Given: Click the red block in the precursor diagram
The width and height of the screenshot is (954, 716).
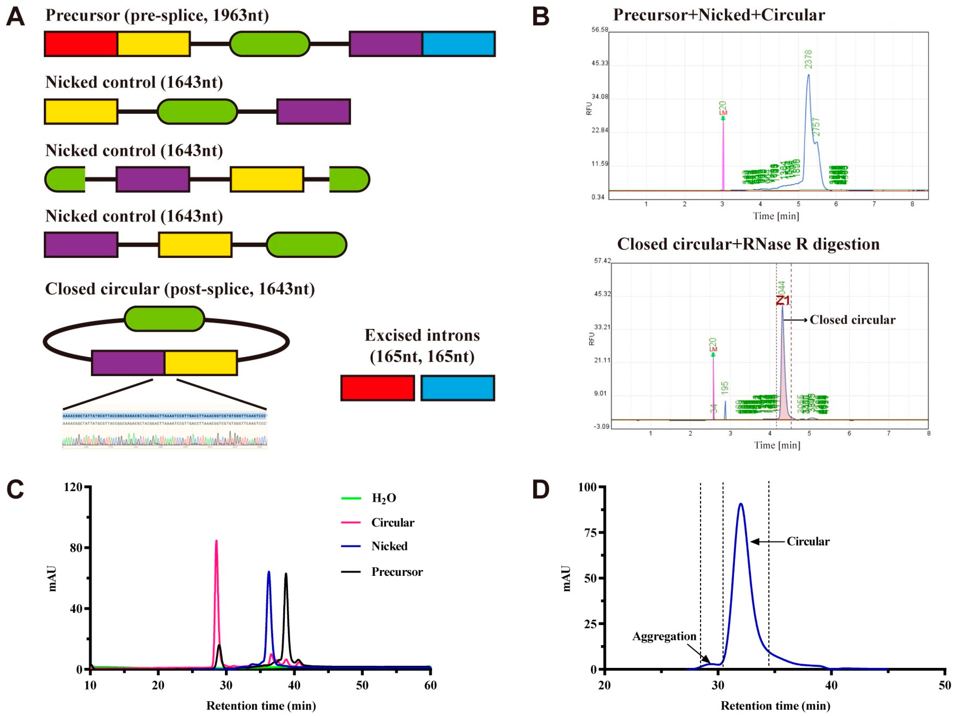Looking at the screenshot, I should pyautogui.click(x=81, y=43).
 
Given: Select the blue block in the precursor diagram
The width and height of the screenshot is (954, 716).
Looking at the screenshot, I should pyautogui.click(x=458, y=43).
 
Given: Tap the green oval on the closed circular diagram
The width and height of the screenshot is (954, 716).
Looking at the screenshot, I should pyautogui.click(x=164, y=319).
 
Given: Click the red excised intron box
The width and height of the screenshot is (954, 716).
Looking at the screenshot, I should pyautogui.click(x=377, y=388).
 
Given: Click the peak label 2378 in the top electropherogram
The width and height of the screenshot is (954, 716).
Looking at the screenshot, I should pyautogui.click(x=808, y=59).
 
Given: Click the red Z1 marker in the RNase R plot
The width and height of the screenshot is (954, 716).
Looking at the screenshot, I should pyautogui.click(x=783, y=300).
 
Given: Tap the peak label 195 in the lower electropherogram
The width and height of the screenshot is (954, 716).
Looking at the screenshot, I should pyautogui.click(x=725, y=387).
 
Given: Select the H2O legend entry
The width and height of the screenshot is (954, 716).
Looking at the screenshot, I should pyautogui.click(x=383, y=498).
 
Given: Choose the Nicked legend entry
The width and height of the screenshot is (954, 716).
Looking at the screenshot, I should pyautogui.click(x=389, y=546).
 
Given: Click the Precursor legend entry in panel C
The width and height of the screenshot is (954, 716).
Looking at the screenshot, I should pyautogui.click(x=397, y=572).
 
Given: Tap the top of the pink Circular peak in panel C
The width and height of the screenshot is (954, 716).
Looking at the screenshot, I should pyautogui.click(x=216, y=541).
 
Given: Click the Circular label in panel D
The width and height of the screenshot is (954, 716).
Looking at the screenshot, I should pyautogui.click(x=808, y=541).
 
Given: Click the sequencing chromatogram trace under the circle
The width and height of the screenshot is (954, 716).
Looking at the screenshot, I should pyautogui.click(x=165, y=440).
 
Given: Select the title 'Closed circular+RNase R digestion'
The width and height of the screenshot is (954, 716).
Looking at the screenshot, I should pyautogui.click(x=748, y=244).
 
